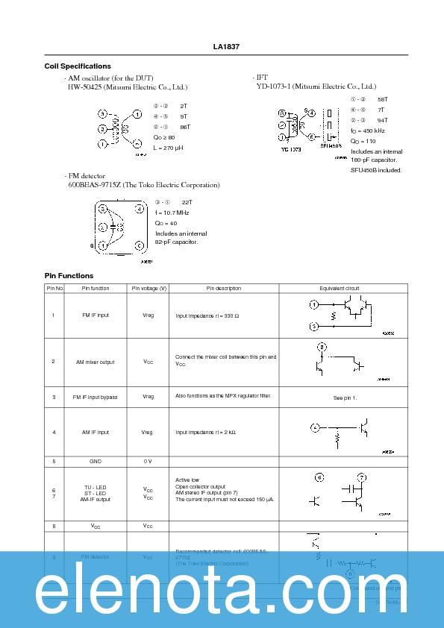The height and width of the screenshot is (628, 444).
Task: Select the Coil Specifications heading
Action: click(78, 66)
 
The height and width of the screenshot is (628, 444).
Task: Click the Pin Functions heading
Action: click(69, 276)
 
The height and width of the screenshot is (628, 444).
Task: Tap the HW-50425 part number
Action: click(84, 87)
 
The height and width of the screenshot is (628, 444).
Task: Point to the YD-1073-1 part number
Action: click(272, 87)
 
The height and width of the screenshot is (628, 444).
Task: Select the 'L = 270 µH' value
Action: click(168, 148)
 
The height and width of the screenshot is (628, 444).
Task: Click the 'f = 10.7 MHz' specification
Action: click(172, 213)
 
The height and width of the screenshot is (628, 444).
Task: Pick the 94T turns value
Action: click(382, 120)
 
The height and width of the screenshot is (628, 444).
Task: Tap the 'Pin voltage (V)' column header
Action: click(148, 288)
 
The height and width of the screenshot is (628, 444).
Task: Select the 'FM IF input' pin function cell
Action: click(96, 315)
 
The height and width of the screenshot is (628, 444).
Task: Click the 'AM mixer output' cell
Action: click(96, 362)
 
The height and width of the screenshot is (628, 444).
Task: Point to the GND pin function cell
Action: click(96, 461)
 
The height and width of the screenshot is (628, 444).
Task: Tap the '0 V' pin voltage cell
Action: click(148, 461)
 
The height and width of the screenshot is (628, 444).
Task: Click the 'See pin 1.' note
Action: click(345, 398)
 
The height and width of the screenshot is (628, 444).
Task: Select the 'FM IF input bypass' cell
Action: click(96, 397)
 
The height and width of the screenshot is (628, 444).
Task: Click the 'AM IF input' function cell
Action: click(96, 432)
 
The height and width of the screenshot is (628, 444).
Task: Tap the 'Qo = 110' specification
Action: click(363, 141)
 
